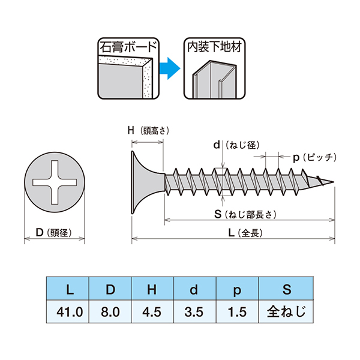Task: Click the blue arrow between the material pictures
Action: pos(169,70)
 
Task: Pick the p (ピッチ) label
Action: pos(313,157)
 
